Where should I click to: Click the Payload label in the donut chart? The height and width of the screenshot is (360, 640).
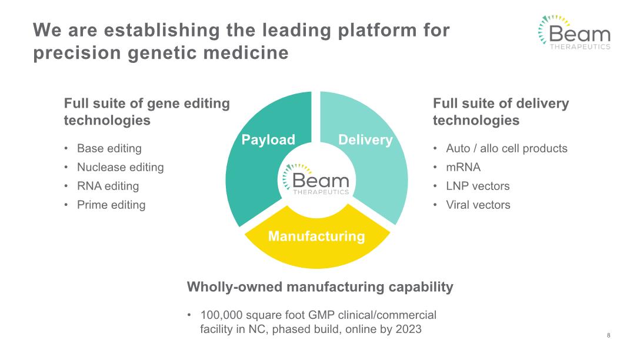pyautogui.click(x=268, y=139)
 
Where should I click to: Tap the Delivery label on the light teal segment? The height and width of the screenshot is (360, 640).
pyautogui.click(x=365, y=139)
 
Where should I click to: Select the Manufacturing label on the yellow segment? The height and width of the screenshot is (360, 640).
pyautogui.click(x=316, y=236)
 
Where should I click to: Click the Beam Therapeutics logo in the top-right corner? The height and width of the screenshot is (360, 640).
pyautogui.click(x=574, y=33)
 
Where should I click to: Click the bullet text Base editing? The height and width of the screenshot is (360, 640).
pyautogui.click(x=109, y=148)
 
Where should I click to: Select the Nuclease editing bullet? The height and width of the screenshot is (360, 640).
pyautogui.click(x=120, y=167)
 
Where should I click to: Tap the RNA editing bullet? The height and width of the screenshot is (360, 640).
pyautogui.click(x=108, y=186)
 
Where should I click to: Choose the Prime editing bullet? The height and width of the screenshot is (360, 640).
pyautogui.click(x=111, y=205)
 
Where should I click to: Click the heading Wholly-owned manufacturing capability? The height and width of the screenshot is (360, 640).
pyautogui.click(x=320, y=287)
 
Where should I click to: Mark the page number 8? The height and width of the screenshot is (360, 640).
pyautogui.click(x=608, y=335)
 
